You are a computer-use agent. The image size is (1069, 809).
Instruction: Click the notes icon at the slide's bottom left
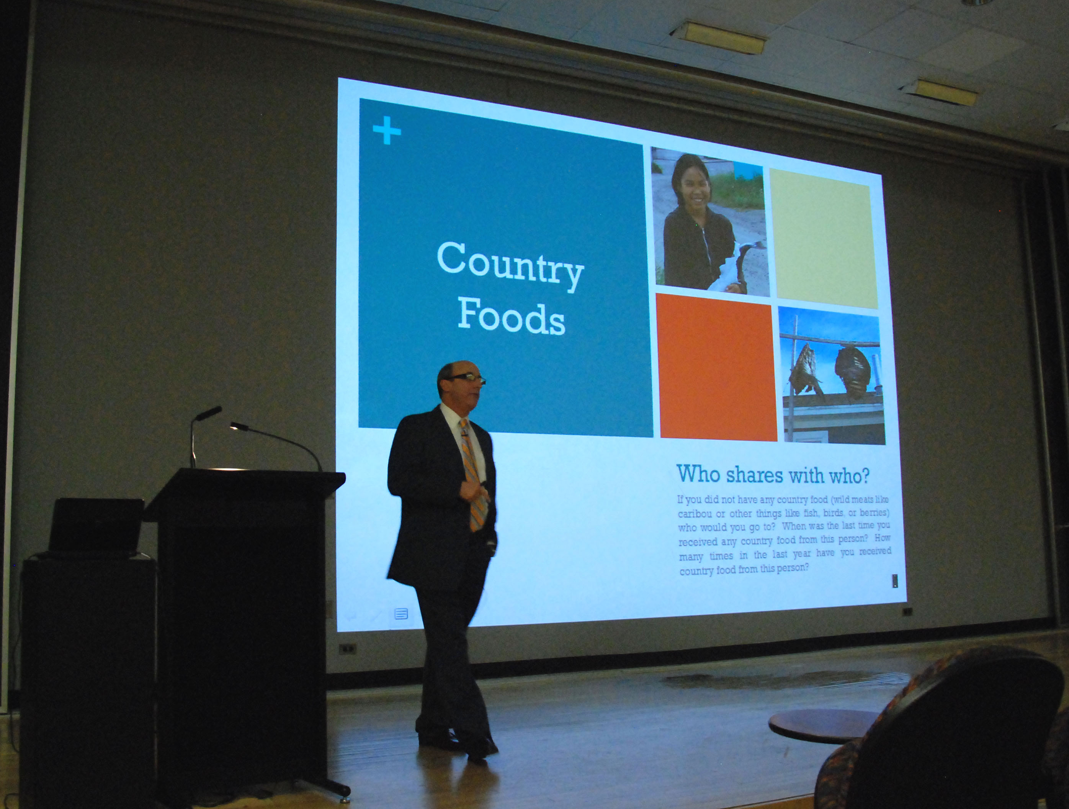(x=401, y=614)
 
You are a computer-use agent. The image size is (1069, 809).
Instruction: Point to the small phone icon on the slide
(x=895, y=580)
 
